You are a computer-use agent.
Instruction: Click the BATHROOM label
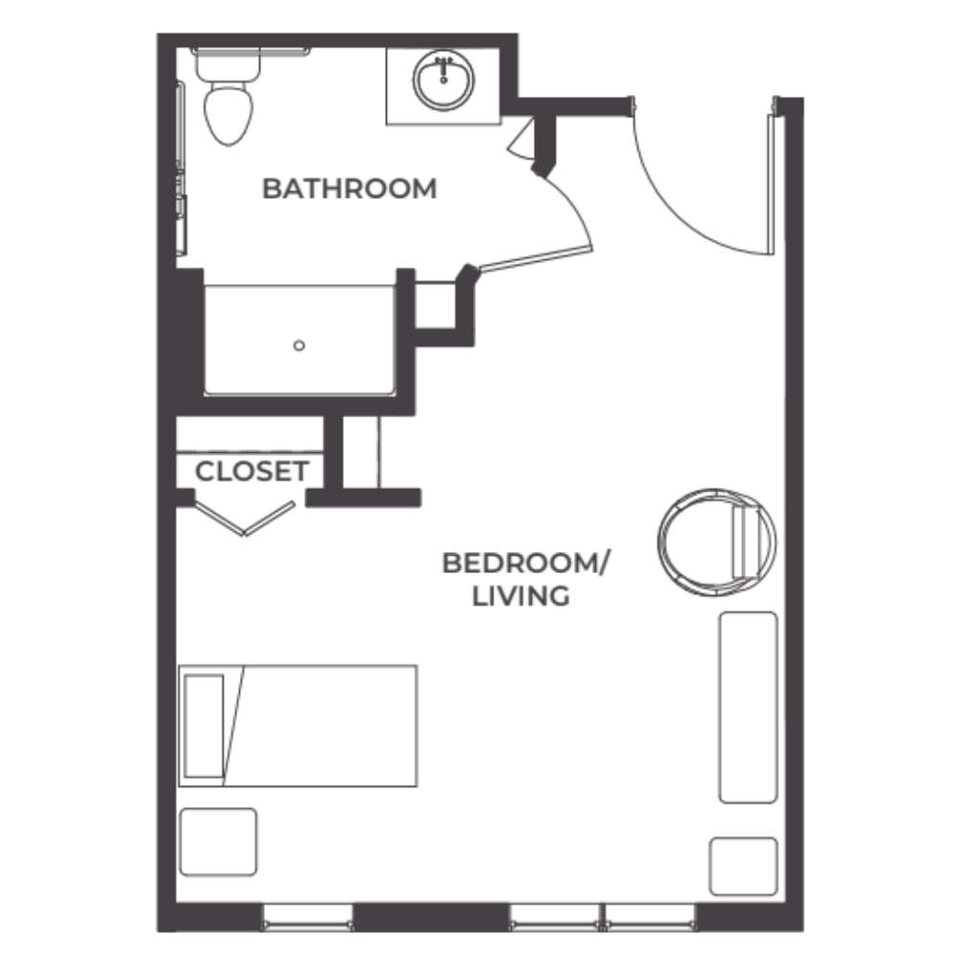point(348,188)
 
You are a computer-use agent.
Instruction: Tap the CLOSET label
point(252,471)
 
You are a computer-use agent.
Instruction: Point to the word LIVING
point(521,596)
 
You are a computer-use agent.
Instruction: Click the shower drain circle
point(300,346)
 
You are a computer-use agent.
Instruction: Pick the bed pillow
point(204,725)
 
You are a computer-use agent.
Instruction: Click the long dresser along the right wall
point(748,707)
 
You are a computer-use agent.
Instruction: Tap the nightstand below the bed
point(218,842)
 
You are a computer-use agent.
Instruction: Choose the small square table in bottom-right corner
point(743,866)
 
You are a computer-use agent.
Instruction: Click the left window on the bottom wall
point(307,917)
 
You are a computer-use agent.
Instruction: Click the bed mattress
point(326,725)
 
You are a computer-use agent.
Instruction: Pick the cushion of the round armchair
point(747,543)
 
